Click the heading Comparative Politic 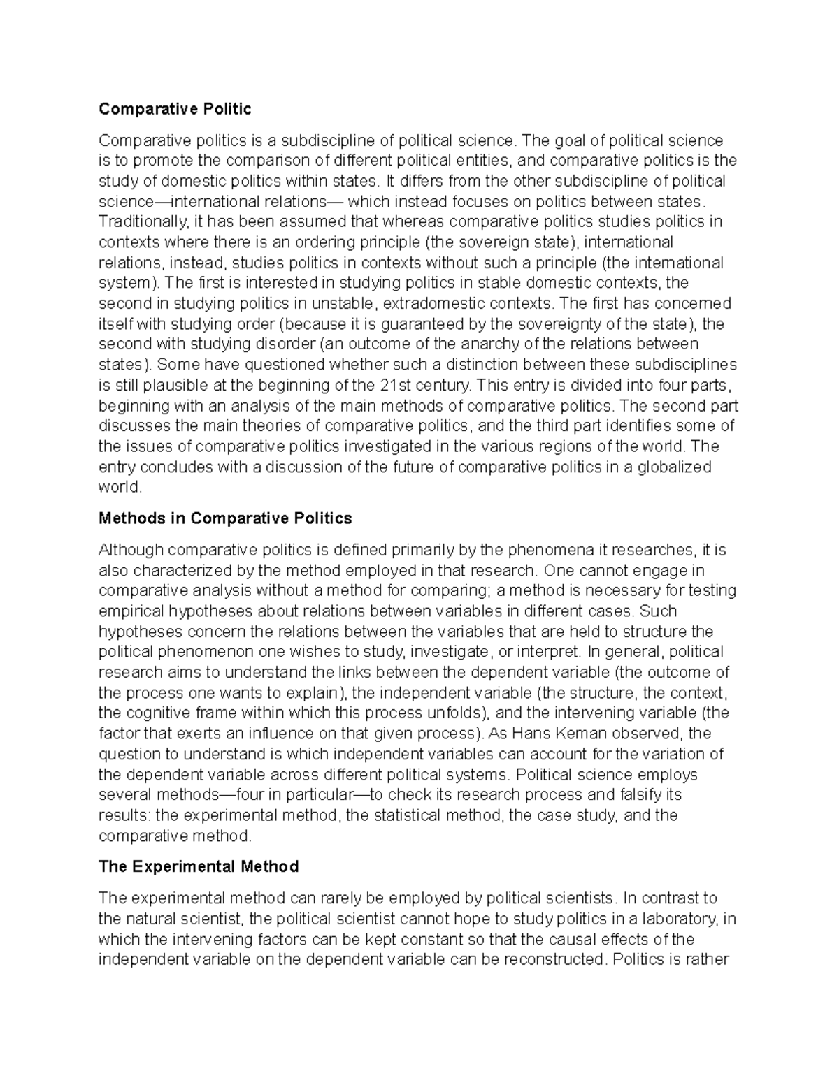tap(175, 109)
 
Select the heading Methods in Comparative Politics tap(225, 518)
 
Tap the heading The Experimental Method tap(199, 866)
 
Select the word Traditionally tap(143, 222)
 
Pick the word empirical tap(131, 611)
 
